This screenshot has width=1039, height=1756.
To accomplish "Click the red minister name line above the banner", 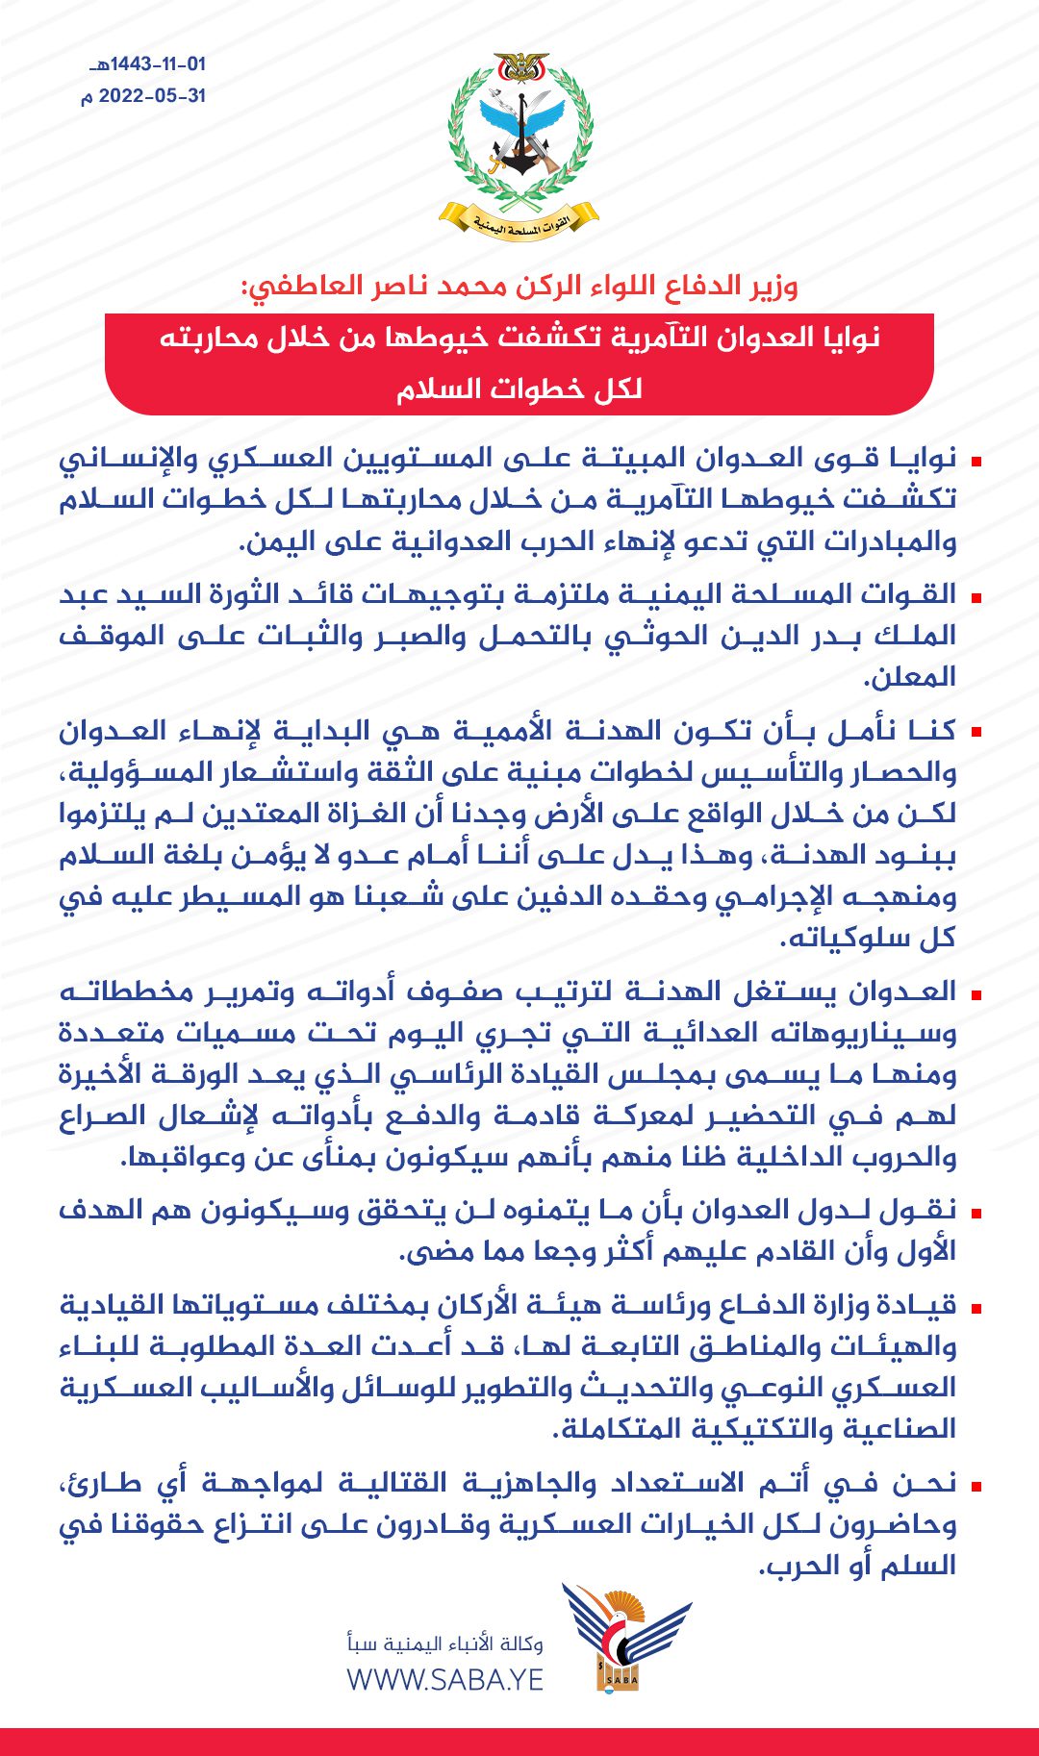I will [x=519, y=286].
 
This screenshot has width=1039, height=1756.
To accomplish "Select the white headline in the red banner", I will [x=519, y=363].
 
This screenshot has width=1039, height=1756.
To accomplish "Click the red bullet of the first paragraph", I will [x=976, y=462].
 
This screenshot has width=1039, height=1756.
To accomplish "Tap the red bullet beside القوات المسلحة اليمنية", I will [x=976, y=597].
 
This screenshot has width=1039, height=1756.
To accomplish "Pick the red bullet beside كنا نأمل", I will [x=976, y=733].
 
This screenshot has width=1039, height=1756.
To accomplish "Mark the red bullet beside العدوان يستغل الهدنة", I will [x=976, y=993].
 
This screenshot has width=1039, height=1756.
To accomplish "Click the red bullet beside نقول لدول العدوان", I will [x=976, y=1213].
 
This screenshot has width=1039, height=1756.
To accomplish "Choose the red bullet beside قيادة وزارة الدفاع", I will [x=976, y=1308].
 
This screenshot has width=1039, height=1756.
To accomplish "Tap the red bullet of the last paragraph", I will [x=976, y=1486].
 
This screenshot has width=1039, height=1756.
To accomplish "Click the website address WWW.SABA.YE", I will [x=445, y=1680].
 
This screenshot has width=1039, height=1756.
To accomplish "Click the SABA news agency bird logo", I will [x=625, y=1636].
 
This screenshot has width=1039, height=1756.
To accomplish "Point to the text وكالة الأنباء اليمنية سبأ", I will [x=445, y=1643].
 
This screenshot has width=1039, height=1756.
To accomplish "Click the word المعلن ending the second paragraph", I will [x=909, y=678].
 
